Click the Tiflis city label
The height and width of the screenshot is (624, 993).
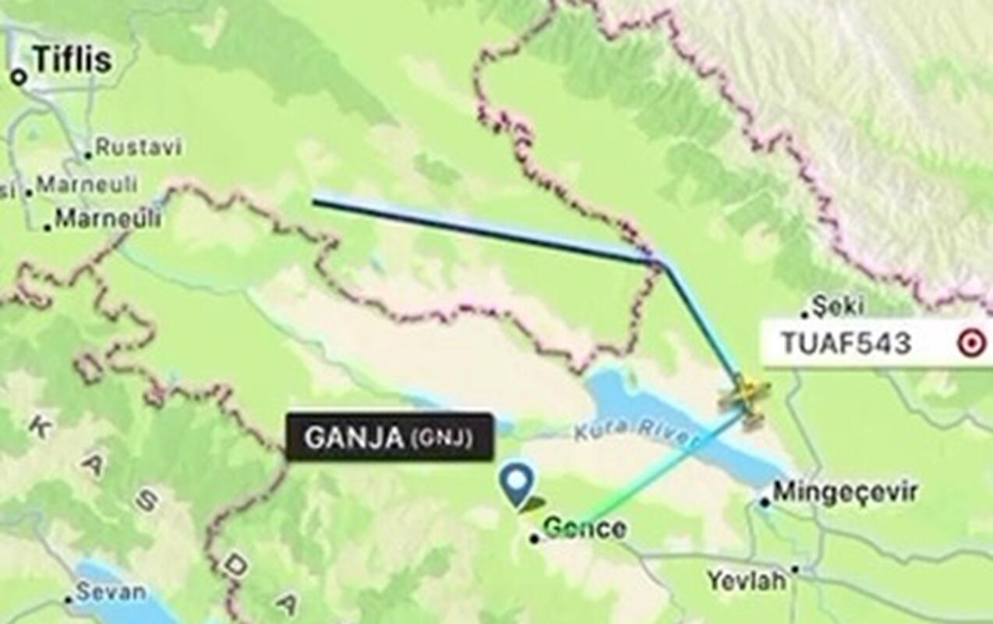pos(72,60)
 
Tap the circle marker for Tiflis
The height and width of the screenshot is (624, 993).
pos(19,77)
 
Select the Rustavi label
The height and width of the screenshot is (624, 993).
pos(138,147)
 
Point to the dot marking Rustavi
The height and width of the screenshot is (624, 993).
pos(88,154)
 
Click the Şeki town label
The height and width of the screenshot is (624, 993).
pos(837,305)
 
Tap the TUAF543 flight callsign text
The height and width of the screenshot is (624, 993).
pos(846,342)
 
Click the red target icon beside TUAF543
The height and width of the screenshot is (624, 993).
pos(970,342)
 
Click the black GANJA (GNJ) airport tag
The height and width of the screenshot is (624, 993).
pos(389,437)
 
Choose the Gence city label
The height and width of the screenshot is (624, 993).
pos(585,528)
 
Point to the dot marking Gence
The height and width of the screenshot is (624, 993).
pos(534,538)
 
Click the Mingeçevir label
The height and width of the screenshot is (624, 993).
pos(845,492)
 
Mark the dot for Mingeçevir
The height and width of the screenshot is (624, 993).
pos(765,502)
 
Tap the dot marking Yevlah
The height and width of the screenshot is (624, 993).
pos(795,569)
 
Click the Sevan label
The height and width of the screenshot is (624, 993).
pos(111,592)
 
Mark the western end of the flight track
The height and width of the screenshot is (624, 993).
pos(314,202)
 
